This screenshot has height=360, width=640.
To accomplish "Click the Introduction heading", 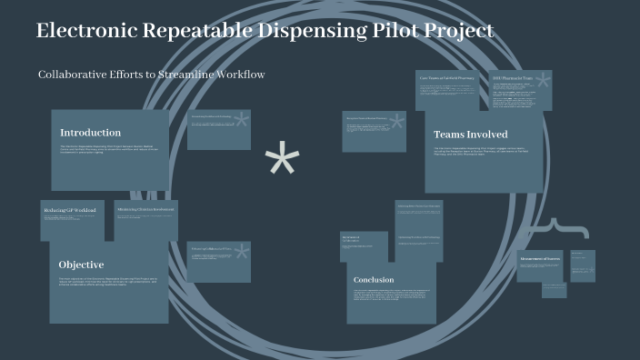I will (x=91, y=133).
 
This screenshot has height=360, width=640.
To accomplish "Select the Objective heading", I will (x=82, y=265).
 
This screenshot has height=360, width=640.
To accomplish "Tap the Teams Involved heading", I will (x=470, y=135).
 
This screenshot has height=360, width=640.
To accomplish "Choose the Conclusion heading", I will (x=374, y=280).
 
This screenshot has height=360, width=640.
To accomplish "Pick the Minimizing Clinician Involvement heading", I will (x=145, y=209).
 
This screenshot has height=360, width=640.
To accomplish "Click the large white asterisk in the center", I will (x=282, y=162).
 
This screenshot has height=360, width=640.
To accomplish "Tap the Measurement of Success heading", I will (x=539, y=259).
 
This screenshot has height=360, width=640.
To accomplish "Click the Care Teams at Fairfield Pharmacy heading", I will (x=448, y=78).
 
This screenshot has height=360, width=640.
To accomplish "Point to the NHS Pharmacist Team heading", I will (x=513, y=78).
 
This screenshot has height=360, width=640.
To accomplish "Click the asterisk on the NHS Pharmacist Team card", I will (x=543, y=84).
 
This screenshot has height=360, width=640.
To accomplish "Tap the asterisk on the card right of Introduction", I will (x=241, y=121).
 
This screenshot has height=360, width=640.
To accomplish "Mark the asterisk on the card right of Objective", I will (x=241, y=253).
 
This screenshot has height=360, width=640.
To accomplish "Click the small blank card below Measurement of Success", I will (x=555, y=290).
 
